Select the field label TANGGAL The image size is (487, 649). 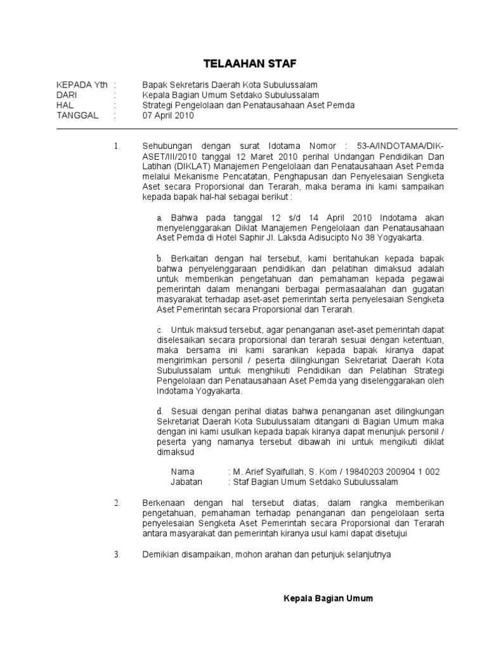click(x=77, y=116)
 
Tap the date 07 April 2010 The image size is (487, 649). click(x=169, y=116)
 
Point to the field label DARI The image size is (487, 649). click(x=68, y=95)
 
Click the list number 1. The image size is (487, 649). click(x=117, y=147)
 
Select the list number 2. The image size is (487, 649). click(x=117, y=503)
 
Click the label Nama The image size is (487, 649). click(x=183, y=472)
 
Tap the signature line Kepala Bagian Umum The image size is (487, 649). click(x=328, y=598)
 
